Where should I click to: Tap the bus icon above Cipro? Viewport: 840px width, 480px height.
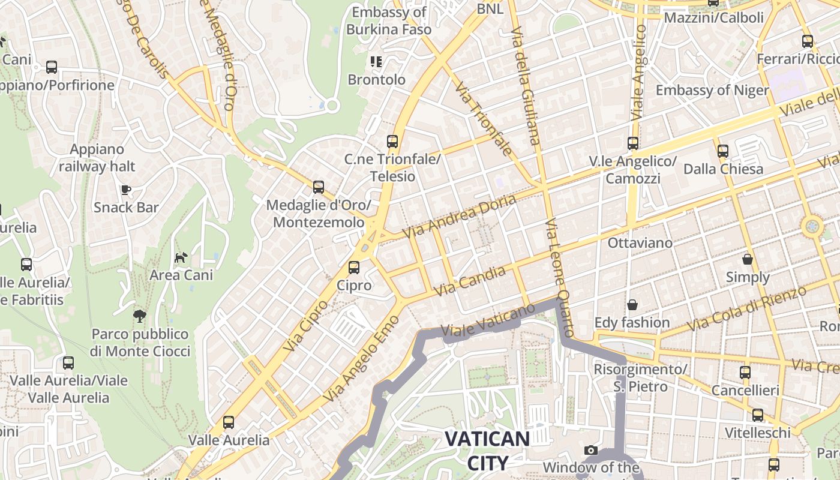(354, 268)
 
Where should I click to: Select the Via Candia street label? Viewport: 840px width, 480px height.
(470, 281)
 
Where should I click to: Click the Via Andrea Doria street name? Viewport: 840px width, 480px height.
(459, 216)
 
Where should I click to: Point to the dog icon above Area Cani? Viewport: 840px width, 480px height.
(181, 257)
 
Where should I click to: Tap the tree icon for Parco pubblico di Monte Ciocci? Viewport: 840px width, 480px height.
(139, 316)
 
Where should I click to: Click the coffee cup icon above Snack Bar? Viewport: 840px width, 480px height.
(126, 190)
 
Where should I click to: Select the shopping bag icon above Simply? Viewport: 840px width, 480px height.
(748, 259)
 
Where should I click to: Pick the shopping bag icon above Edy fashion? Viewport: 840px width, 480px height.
(632, 305)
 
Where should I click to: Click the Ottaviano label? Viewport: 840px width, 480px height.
(640, 243)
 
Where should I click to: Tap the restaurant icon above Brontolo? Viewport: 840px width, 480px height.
(376, 61)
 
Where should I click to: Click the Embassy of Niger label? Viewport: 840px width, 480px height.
(712, 91)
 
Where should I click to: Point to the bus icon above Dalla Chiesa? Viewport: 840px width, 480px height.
(723, 151)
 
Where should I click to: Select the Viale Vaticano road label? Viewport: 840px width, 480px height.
(487, 321)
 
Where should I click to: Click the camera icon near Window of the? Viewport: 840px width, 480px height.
(591, 450)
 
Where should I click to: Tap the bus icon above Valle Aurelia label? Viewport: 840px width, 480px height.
(229, 422)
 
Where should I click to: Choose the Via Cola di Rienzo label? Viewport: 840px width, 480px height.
(746, 309)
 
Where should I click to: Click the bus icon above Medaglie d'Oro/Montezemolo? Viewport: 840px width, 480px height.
(319, 187)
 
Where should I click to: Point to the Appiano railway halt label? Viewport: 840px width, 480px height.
(97, 158)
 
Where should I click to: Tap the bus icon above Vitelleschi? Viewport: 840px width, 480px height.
(757, 415)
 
